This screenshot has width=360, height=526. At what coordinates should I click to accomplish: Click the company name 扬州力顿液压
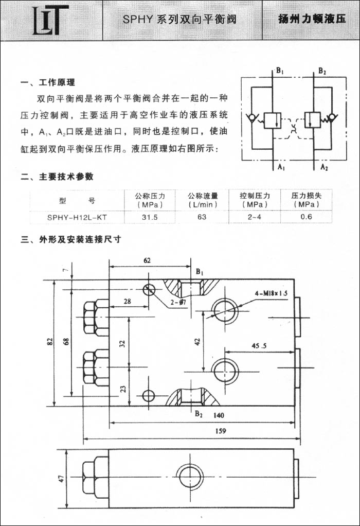(x=311, y=20)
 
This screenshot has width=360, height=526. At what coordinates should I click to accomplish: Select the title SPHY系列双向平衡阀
(x=179, y=20)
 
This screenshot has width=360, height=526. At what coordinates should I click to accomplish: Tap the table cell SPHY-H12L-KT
(x=77, y=217)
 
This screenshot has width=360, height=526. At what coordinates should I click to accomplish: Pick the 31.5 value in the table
(x=150, y=217)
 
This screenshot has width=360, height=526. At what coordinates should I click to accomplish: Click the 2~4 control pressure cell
(x=254, y=217)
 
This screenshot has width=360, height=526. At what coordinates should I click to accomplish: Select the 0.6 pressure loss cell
(x=307, y=217)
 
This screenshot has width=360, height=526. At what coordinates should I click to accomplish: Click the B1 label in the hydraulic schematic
(x=279, y=71)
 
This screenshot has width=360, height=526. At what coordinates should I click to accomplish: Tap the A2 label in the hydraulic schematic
(x=324, y=168)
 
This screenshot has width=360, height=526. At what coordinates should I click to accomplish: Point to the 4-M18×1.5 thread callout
(x=271, y=293)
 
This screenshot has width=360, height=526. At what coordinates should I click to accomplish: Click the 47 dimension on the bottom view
(x=61, y=478)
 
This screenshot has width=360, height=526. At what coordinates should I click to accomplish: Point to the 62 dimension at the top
(x=147, y=260)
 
